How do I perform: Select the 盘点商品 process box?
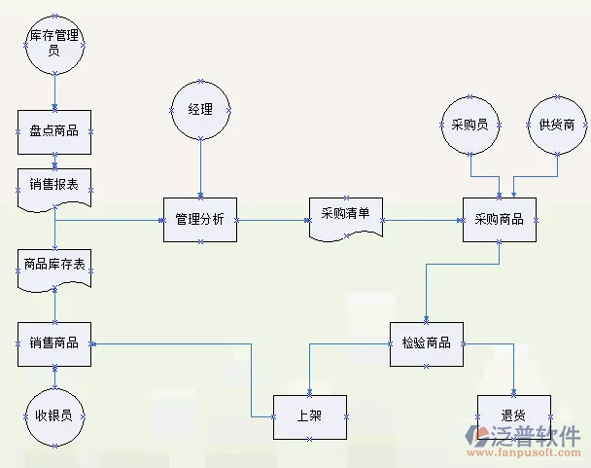pos(54,131)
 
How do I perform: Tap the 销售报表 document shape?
pos(54,186)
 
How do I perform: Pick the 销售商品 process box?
pos(54,343)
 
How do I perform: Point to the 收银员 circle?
pos(54,415)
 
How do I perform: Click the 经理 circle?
pos(200,108)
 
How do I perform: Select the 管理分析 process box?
pos(200,220)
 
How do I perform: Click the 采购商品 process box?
pos(500,220)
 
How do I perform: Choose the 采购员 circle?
pos(470,126)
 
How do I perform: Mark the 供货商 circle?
pos(557,126)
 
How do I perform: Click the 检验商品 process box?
pos(426,343)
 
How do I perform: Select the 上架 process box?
pos(309,416)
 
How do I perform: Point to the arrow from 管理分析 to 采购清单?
pos(273,220)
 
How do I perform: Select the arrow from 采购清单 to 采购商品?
pos(422,220)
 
